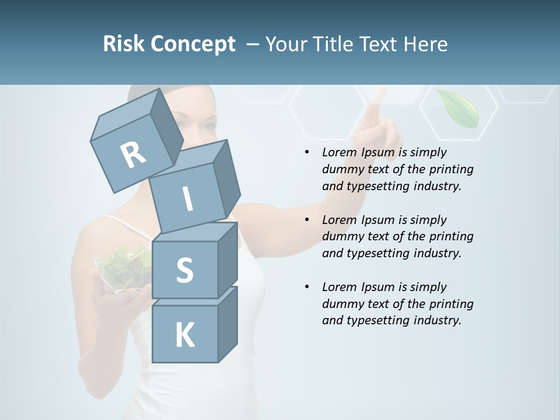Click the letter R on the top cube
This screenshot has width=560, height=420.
(134, 155)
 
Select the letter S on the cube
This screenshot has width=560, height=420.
(184, 270)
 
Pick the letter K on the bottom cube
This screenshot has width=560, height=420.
(184, 335)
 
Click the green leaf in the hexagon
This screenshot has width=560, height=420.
(459, 108)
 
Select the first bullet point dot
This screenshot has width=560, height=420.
(307, 153)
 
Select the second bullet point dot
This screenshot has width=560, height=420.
(307, 220)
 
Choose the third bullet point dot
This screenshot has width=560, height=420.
(307, 287)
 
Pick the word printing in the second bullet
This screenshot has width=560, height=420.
(451, 236)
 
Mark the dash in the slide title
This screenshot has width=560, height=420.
(253, 44)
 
